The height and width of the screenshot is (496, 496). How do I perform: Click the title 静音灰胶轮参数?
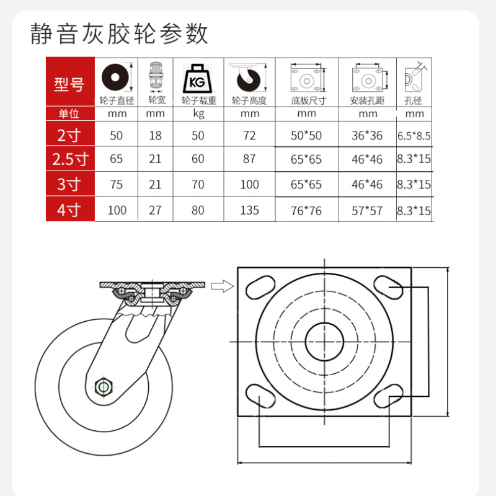coord(119,34)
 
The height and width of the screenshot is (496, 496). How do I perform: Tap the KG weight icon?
coord(198,79)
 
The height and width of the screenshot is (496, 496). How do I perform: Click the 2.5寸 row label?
coord(70,159)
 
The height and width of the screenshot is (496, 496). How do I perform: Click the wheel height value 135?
coord(249,210)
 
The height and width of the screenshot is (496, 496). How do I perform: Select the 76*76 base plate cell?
coord(306,211)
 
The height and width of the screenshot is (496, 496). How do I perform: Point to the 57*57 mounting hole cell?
coord(367,211)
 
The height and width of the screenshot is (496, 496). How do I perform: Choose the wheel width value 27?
coord(155,210)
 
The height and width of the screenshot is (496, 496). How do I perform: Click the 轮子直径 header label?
coord(116,100)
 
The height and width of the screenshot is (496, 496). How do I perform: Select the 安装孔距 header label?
coord(367,100)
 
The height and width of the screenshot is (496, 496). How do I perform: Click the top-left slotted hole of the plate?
coord(260,288)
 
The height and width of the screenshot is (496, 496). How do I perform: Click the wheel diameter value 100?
coord(117,210)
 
